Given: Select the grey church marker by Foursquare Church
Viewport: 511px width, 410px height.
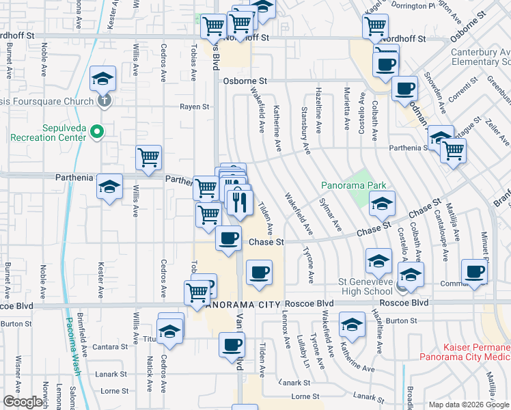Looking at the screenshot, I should [104, 101].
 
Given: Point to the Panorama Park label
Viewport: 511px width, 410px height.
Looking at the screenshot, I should [354, 185].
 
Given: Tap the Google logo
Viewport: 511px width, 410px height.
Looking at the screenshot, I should [23, 402].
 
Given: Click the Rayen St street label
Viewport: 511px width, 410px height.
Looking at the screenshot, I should [194, 107].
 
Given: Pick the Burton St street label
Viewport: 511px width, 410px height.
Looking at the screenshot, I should [401, 320].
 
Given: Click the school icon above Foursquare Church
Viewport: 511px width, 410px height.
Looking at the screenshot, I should [102, 79].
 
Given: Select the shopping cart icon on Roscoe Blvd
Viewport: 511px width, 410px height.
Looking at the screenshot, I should [197, 292].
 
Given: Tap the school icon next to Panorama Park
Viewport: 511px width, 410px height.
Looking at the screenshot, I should [382, 204].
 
